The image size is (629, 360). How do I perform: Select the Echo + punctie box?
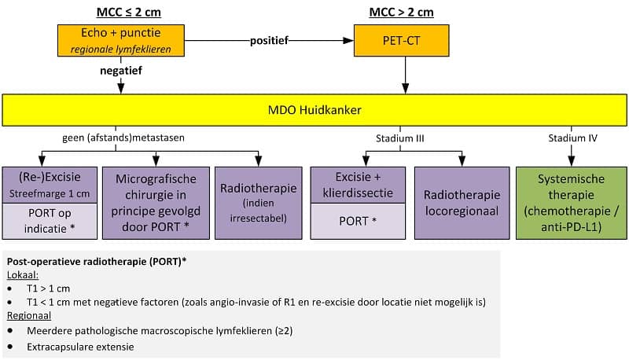point(121,40)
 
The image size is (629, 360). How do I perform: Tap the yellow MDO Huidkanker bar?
point(314,110)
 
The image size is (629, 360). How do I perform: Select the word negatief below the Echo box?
point(121,70)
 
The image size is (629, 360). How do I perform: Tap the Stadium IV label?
point(572,138)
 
